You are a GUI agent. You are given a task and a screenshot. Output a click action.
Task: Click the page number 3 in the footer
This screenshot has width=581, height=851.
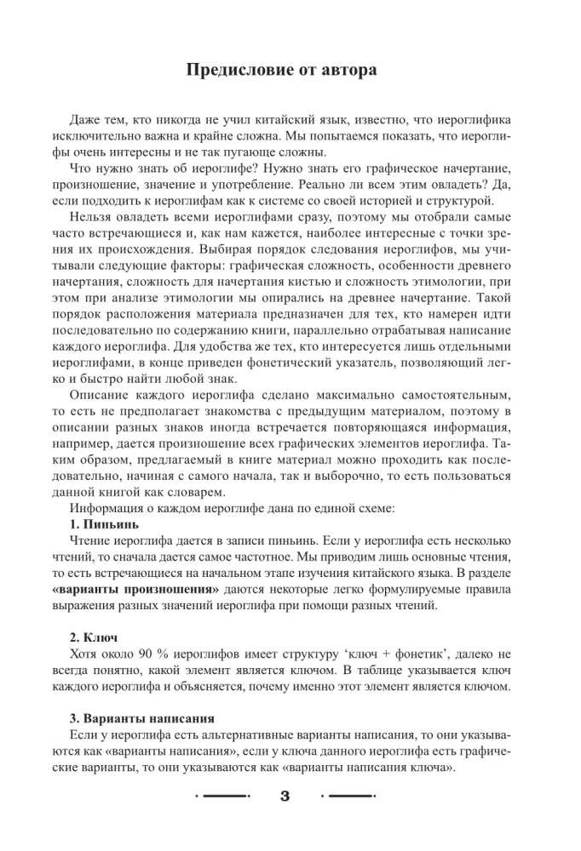(x=285, y=798)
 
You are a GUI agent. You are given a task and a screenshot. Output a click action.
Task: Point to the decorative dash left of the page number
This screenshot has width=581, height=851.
(x=222, y=797)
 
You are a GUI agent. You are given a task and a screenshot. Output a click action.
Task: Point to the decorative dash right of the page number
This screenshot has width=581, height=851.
(x=348, y=797)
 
